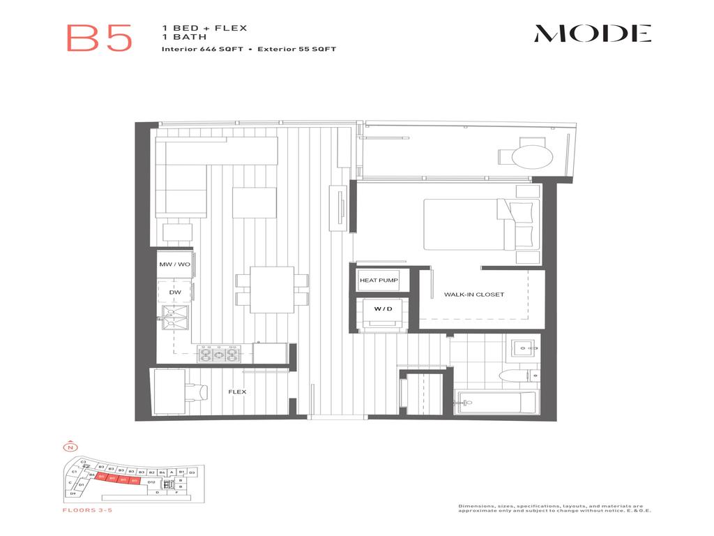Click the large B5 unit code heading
[x=99, y=38]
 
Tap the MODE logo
[x=593, y=33]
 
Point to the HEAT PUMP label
[x=379, y=281]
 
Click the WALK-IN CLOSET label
[x=473, y=295]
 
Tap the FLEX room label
[x=237, y=392]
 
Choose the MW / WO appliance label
[x=174, y=265]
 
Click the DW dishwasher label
[x=174, y=292]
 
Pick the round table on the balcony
[x=532, y=156]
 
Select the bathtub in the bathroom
[x=496, y=403]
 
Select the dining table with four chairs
[x=272, y=289]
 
